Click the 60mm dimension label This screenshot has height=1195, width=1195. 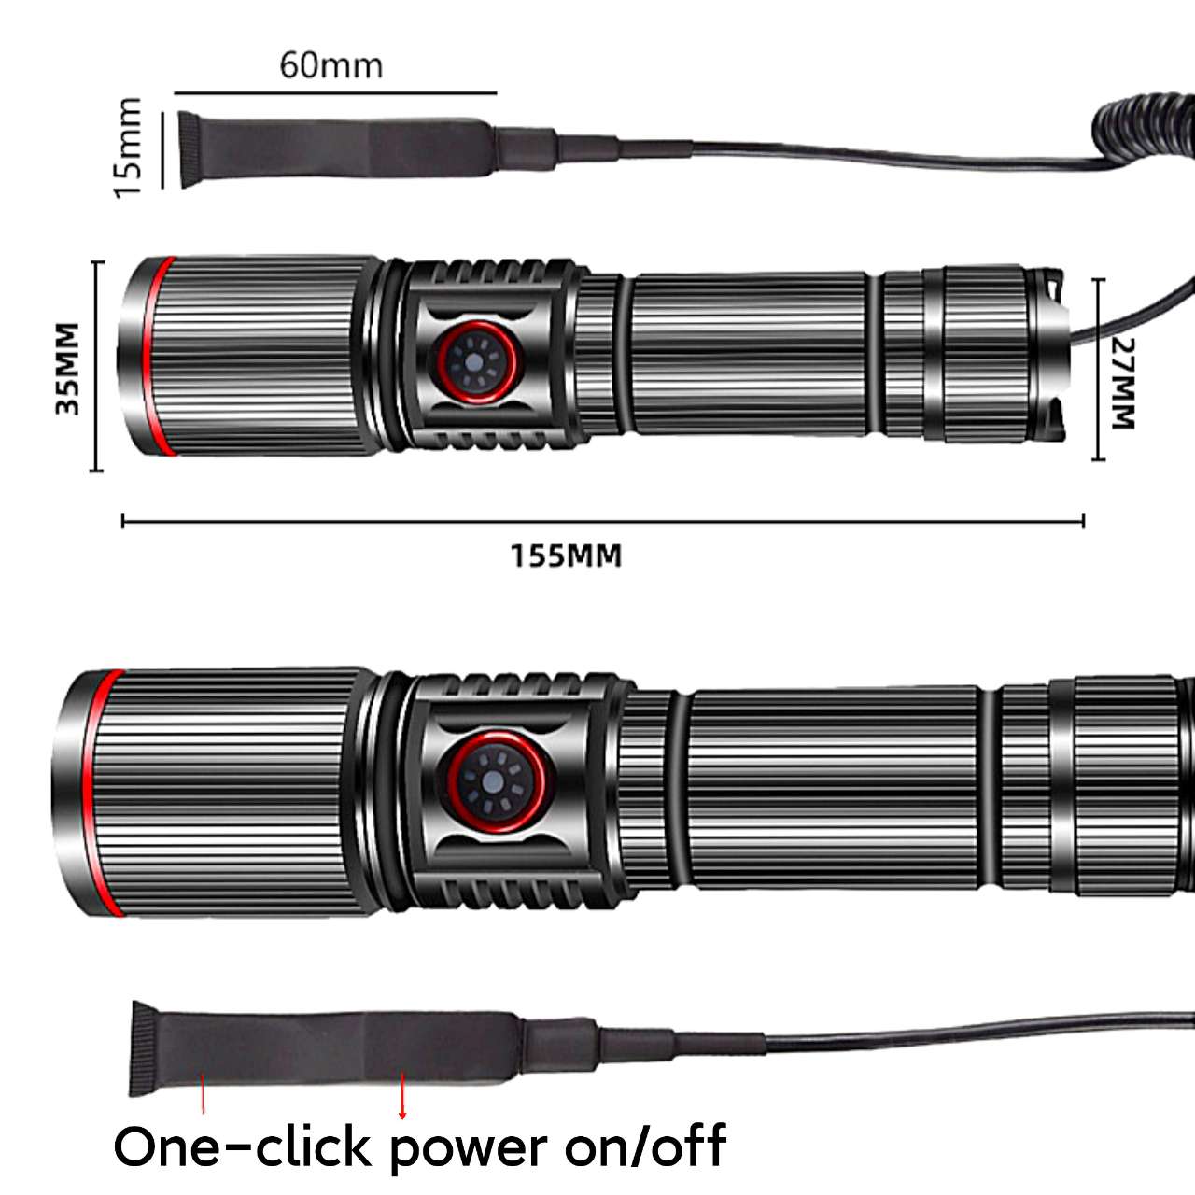point(330,65)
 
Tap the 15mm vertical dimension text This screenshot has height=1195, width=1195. point(128,148)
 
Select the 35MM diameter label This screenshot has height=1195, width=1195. point(67,368)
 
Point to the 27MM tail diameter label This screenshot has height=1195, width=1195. point(1123,383)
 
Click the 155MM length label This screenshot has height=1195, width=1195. point(566,556)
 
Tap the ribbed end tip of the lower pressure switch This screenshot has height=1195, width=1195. point(143,1049)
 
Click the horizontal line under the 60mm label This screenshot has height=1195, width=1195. point(336,93)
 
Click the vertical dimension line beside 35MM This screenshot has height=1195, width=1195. point(96,366)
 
